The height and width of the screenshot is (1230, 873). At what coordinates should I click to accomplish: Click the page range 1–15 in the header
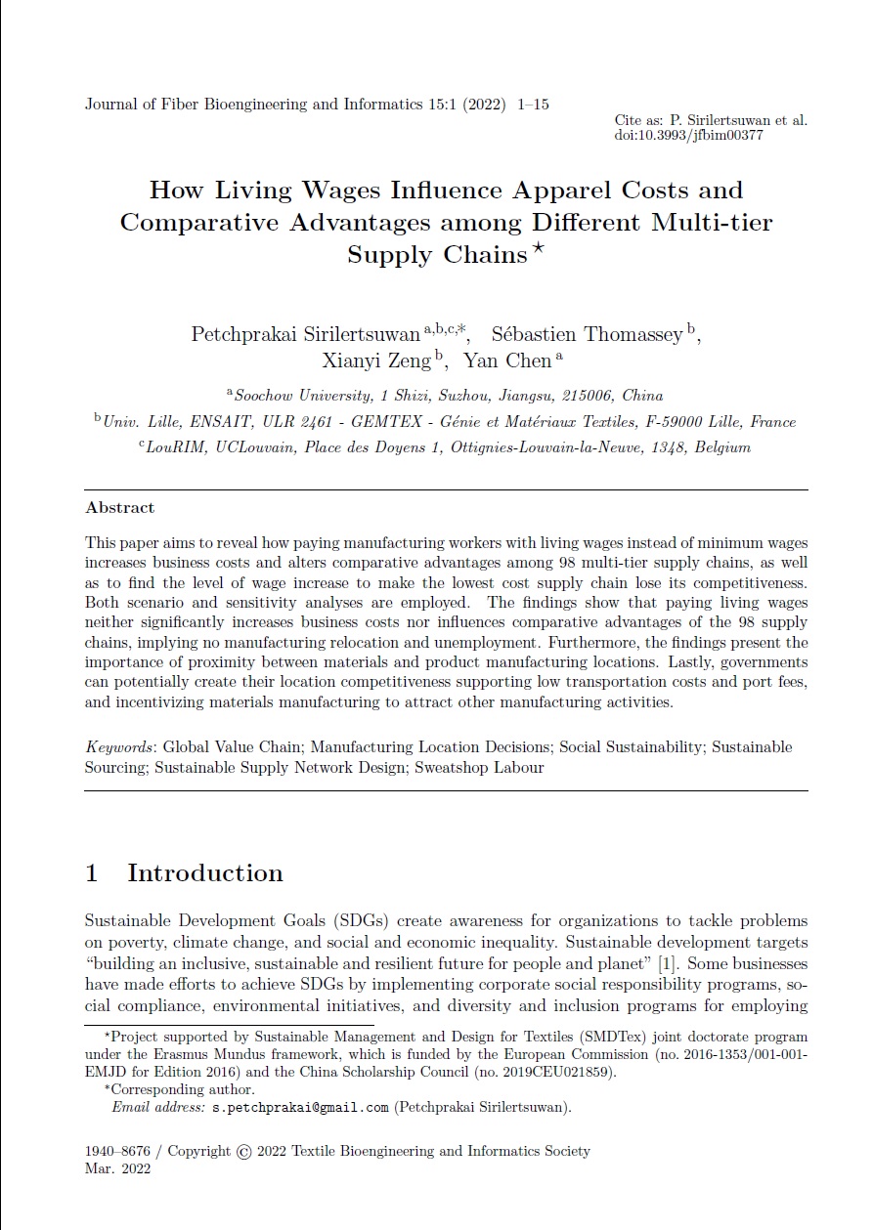(533, 104)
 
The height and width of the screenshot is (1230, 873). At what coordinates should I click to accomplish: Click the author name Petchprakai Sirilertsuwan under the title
(306, 334)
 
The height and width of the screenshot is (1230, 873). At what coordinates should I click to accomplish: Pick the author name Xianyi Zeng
(376, 361)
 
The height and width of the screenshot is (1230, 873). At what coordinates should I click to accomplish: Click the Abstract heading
(119, 508)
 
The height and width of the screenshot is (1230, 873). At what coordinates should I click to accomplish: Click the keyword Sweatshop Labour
(479, 767)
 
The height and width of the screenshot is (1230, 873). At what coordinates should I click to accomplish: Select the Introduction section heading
(204, 872)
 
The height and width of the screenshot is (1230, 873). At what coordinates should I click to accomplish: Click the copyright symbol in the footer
(244, 1152)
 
